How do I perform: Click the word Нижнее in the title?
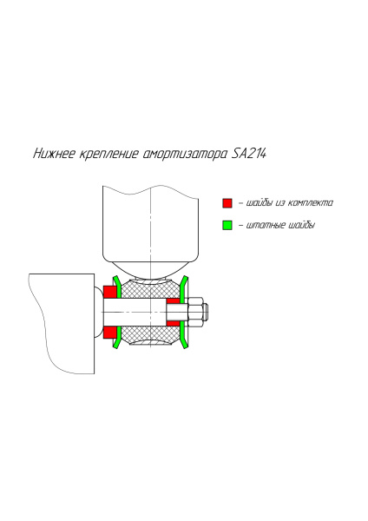pyautogui.click(x=53, y=155)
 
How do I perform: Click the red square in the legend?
pyautogui.click(x=227, y=202)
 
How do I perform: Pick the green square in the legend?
pyautogui.click(x=227, y=225)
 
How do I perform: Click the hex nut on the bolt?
pyautogui.click(x=195, y=312)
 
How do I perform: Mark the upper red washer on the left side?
pyautogui.click(x=109, y=292)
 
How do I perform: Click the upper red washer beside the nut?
pyautogui.click(x=174, y=301)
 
